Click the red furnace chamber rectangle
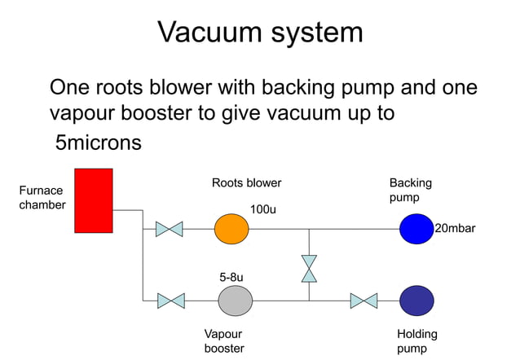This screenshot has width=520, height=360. tap(93, 200)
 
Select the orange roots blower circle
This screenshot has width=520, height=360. tap(231, 229)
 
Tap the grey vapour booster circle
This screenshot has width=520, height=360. tap(235, 301)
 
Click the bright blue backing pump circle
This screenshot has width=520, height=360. tap(416, 229)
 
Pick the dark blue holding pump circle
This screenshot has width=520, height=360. tap(416, 301)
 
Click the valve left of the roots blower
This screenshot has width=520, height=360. tap(169, 229)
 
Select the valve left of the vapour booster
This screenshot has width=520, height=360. tap(170, 301)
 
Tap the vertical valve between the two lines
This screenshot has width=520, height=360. tap(309, 269)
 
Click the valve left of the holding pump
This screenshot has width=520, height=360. tap(364, 301)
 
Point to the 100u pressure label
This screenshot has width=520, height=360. tap(262, 209)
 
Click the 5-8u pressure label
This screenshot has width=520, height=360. tap(231, 277)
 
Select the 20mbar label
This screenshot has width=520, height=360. tap(455, 229)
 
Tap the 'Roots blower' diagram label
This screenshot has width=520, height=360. tap(246, 182)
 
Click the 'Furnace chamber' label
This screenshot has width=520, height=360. tap(42, 197)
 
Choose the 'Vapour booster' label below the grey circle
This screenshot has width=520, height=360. tap(223, 340)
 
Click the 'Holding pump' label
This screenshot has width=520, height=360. tap(416, 340)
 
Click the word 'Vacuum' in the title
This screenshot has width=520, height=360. tap(210, 32)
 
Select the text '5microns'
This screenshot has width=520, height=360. tap(98, 143)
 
